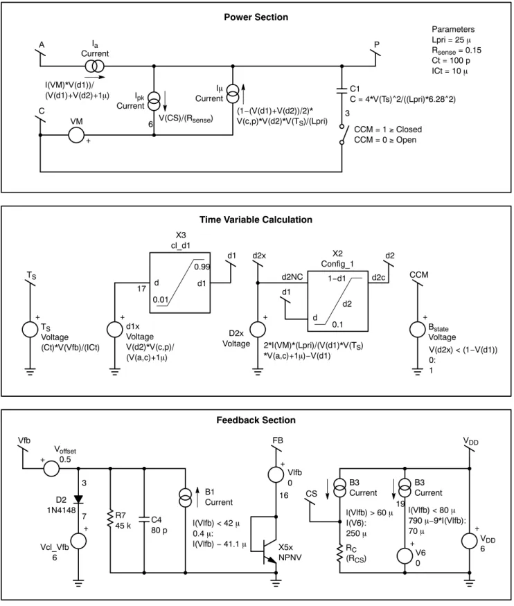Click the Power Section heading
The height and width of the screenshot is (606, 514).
[x=256, y=17]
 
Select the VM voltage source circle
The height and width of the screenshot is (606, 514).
[x=76, y=135]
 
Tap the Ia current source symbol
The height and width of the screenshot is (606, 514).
[x=95, y=66]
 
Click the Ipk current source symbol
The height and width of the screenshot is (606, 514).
[x=154, y=102]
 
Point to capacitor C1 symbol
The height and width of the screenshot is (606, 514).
[x=342, y=91]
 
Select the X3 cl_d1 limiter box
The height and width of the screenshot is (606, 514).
[x=180, y=283]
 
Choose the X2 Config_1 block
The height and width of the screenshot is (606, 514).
[x=338, y=301]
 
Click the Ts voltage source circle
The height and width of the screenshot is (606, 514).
[x=30, y=330]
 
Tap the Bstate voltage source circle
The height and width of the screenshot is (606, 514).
[x=418, y=329]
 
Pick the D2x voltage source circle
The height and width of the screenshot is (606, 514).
[x=258, y=330]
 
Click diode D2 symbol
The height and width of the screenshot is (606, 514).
[x=78, y=499]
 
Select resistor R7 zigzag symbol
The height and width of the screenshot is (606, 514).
[x=110, y=520]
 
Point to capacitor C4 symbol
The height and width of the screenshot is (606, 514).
[x=144, y=519]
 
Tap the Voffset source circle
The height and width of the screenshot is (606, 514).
[x=51, y=468]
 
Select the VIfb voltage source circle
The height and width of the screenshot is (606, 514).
[x=276, y=474]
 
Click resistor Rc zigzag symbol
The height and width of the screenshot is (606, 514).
[x=339, y=553]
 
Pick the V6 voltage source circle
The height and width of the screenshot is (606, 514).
[x=405, y=555]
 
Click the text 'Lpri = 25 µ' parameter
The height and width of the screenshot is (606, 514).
[x=452, y=39]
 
